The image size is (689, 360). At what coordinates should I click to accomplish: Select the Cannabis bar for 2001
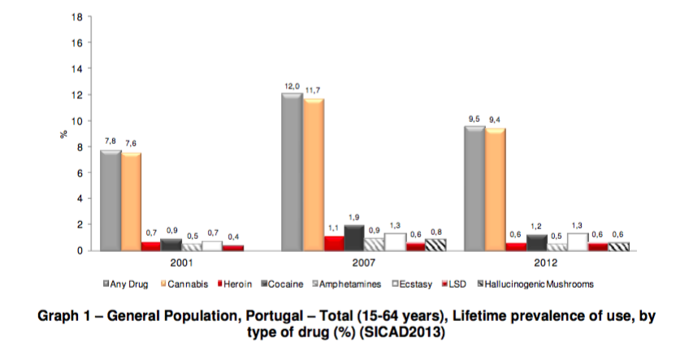131,201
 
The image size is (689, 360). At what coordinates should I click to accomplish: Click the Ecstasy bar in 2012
578,241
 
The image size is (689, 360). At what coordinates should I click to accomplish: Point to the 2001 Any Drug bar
110,200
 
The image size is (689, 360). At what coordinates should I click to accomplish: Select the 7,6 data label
131,144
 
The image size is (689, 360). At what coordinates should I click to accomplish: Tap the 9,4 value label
495,120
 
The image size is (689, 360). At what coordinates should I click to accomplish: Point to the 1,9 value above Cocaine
354,218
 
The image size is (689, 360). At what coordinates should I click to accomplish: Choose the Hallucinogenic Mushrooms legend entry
535,284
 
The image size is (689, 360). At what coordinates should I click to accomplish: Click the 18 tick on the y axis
78,17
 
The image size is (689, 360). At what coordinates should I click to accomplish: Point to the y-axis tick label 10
78,121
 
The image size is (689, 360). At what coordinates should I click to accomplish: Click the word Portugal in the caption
280,318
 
